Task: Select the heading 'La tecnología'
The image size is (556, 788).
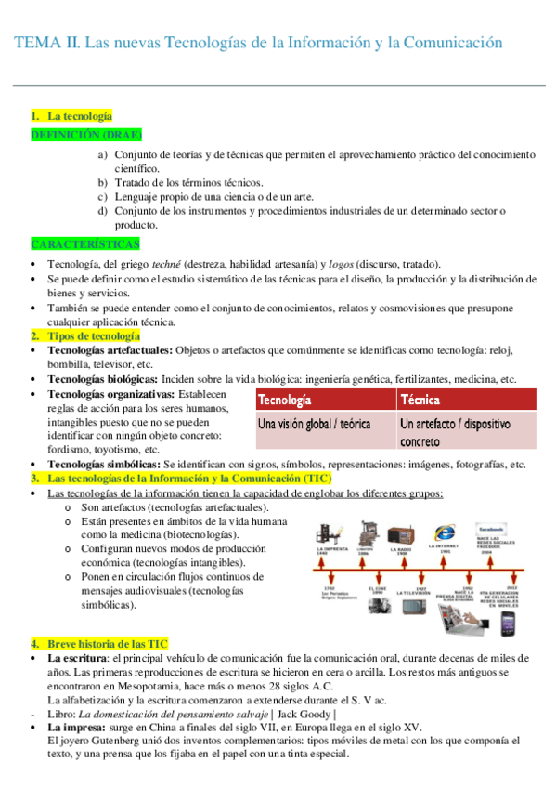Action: pos(80,116)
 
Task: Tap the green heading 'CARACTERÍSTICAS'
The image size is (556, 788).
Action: pos(85,243)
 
